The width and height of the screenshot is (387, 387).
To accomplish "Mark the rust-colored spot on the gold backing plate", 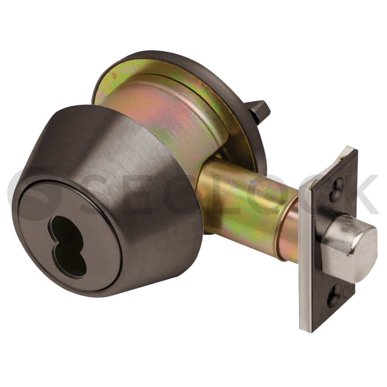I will [113, 75].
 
